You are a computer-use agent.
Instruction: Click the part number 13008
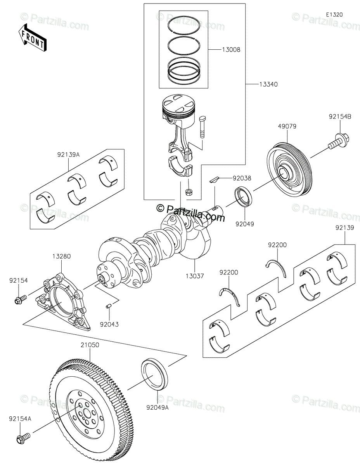coord(231,50)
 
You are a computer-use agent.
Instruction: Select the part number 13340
coord(268,85)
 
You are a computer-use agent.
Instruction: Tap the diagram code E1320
coord(334,15)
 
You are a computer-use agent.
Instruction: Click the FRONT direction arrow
coord(32,38)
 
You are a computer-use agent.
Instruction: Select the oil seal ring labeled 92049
coord(243,197)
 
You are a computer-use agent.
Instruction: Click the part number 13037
coord(195,276)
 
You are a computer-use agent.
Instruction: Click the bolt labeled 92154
coord(21,299)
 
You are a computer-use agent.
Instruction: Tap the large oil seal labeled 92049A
coord(155,377)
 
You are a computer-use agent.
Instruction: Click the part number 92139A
coord(68,155)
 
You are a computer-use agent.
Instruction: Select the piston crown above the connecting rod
coord(179,103)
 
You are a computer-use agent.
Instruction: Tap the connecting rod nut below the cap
coord(189,192)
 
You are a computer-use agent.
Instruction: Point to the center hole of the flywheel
coord(86,412)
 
